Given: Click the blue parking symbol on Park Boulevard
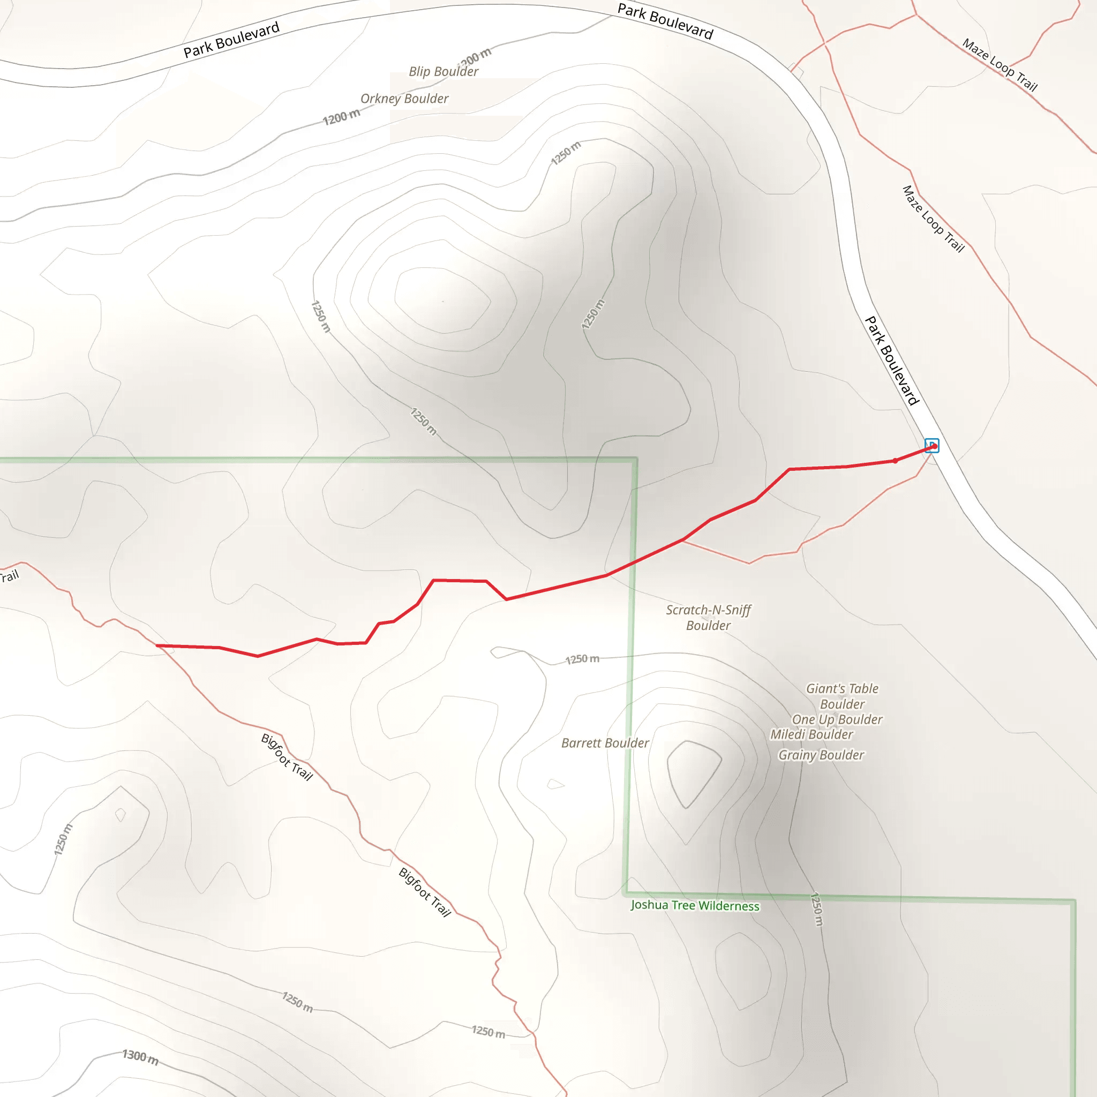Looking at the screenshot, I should tap(932, 445).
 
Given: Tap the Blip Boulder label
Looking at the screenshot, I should tap(444, 72).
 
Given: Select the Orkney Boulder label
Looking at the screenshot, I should tap(404, 99).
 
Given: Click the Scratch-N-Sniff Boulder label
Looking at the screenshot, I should tap(708, 617).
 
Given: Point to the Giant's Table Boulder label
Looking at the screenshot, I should tap(842, 696).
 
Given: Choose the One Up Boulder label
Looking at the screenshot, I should tap(837, 719).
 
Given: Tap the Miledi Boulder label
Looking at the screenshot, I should tap(812, 735).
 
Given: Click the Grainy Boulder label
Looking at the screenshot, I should tap(821, 755).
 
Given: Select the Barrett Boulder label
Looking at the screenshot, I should tap(605, 743).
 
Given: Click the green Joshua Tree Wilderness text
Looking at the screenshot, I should tap(695, 906).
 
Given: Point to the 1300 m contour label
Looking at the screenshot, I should tap(140, 1057).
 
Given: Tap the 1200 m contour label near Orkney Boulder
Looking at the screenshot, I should tap(341, 117).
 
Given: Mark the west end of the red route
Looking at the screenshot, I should tap(157, 645).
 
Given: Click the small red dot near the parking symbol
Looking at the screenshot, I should tap(896, 461).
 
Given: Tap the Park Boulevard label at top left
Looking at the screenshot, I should tap(231, 40).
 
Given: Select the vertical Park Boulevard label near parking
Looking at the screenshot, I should tap(891, 361).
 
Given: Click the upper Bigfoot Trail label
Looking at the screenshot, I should tap(287, 757).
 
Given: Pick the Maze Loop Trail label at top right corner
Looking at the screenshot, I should tap(1000, 65).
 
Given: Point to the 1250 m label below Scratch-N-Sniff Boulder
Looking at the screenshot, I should tap(582, 659).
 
